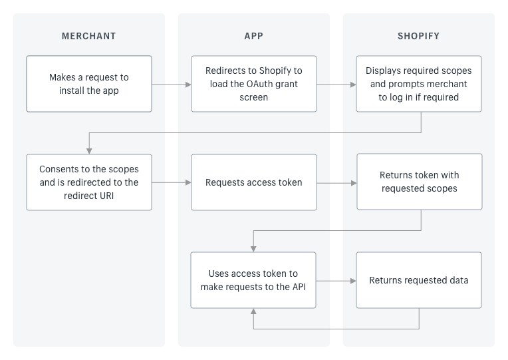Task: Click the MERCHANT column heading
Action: coord(89,36)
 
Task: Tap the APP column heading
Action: coord(254,36)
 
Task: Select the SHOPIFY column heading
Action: coord(419,36)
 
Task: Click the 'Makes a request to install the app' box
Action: coord(89,84)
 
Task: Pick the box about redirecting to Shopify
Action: coord(254,84)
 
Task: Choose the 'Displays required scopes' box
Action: coord(419,84)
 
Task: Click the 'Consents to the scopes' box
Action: coord(89,182)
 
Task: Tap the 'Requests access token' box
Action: coord(254,182)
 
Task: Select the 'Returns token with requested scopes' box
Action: coord(420,182)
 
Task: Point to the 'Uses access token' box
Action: coord(253,280)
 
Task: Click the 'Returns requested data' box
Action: coord(419,280)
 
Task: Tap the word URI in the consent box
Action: coord(107,196)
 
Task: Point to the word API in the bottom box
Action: coord(299,287)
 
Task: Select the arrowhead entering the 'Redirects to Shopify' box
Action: coord(188,85)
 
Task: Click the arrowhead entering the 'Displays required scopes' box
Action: coord(353,85)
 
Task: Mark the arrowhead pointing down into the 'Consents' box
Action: coord(89,151)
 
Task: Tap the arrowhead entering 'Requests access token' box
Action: coord(188,182)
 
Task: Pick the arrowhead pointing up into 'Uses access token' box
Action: coord(253,311)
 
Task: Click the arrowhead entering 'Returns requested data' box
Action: coord(353,281)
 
